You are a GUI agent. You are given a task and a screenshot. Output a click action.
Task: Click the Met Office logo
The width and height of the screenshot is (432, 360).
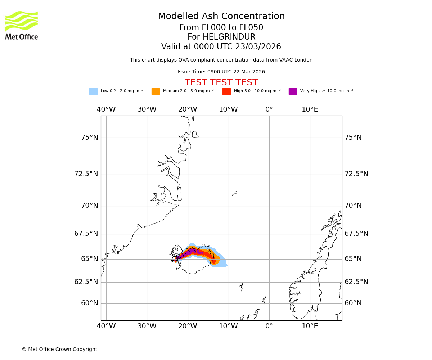click(x=22, y=25)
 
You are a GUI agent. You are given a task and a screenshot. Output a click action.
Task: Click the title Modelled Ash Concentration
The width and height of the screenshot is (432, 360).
click(x=221, y=17)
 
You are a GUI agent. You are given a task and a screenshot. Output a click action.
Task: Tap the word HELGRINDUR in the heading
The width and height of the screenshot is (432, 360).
click(x=229, y=37)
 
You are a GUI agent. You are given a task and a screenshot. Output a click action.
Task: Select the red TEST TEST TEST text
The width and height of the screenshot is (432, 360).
click(x=221, y=82)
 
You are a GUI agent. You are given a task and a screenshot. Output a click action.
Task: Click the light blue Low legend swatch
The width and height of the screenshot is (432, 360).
click(x=93, y=91)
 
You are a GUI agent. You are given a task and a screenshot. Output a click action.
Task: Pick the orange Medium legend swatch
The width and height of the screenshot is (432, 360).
click(x=156, y=91)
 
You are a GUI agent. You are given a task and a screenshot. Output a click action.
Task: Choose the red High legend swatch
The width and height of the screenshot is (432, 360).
click(x=226, y=91)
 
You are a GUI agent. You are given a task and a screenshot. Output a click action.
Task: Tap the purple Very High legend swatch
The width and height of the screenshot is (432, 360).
click(x=293, y=91)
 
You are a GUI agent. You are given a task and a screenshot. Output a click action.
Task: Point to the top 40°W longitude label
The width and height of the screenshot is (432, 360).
click(x=106, y=109)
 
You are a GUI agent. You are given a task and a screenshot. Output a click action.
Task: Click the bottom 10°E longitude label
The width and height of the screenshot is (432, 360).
click(x=310, y=326)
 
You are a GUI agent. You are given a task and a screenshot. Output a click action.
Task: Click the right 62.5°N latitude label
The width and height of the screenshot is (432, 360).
click(x=356, y=282)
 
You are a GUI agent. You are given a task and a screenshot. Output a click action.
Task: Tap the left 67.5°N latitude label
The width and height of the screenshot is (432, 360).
click(x=86, y=234)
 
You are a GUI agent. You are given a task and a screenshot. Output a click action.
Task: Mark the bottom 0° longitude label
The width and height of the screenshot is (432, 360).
click(x=269, y=326)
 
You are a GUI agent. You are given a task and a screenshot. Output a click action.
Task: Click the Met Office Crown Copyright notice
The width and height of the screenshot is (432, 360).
click(x=59, y=349)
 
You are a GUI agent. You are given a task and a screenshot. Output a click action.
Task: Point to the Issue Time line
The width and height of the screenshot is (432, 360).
click(x=221, y=72)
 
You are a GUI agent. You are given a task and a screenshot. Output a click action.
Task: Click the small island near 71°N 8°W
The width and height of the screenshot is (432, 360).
click(x=234, y=194)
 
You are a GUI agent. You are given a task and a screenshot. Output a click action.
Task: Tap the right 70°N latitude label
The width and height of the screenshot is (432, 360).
click(x=353, y=206)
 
